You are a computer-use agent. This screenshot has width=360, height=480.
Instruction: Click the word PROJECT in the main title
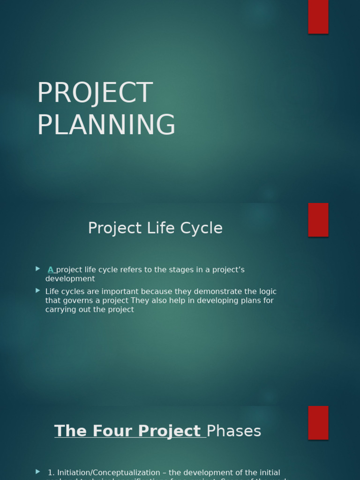(95, 93)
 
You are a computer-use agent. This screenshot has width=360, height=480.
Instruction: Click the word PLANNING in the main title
(106, 125)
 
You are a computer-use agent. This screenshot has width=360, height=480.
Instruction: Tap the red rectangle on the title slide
(318, 17)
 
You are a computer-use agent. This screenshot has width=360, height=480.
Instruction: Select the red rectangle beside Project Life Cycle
(318, 220)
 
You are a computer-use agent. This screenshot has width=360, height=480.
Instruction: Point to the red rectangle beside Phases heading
(318, 422)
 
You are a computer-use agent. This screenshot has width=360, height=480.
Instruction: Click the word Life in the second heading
(162, 228)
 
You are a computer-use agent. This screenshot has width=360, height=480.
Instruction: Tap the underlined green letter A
(51, 270)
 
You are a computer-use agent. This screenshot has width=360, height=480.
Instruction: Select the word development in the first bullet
(70, 279)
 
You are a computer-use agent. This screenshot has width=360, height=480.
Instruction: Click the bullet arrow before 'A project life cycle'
(38, 269)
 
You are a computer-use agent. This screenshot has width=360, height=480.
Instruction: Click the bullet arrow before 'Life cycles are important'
(38, 291)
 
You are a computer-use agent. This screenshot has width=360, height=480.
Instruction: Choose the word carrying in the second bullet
(60, 309)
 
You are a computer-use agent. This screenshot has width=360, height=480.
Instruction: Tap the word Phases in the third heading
(233, 431)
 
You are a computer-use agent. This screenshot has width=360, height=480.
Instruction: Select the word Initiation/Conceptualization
(108, 472)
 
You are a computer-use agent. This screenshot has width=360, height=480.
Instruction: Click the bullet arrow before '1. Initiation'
(38, 472)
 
